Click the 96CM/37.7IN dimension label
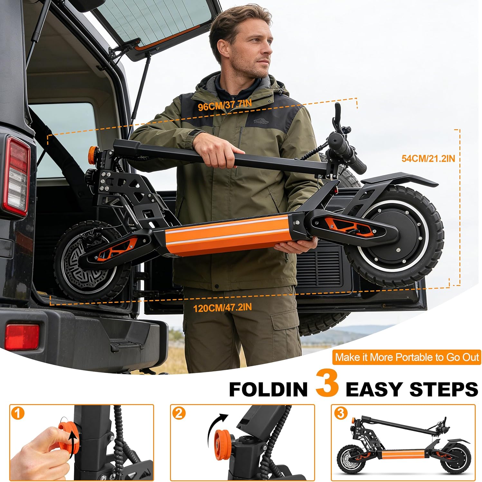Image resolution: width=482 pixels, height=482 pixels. coord(225,105)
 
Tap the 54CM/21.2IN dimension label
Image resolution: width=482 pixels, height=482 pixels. coord(428,158)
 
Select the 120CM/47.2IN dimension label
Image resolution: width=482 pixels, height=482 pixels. coord(222,308)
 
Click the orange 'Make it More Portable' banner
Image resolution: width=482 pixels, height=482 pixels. coord(407,357)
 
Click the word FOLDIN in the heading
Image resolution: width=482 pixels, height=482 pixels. coord(268,389)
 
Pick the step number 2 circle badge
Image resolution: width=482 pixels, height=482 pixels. coord(179,413)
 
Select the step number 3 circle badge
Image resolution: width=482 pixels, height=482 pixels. coord(340,413)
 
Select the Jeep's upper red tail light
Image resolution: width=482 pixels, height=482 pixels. coord(18,177)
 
